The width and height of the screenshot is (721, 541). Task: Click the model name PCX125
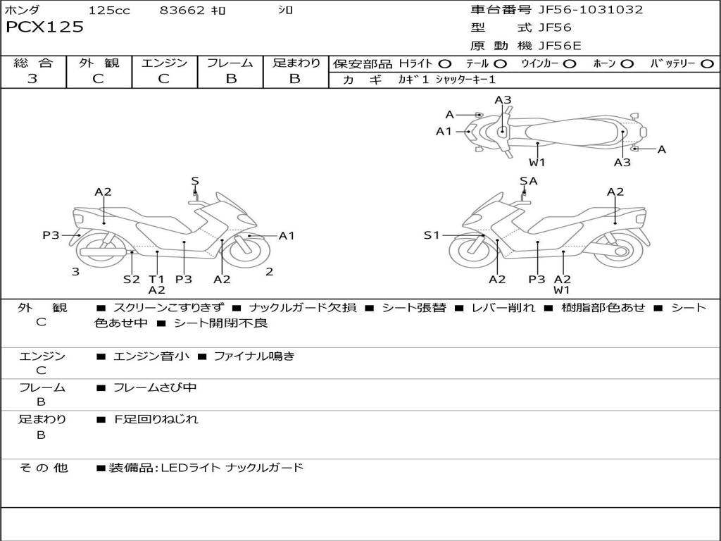(x=44, y=27)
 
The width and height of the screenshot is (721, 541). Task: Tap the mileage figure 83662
(x=182, y=11)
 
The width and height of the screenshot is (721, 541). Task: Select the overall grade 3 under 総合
(x=32, y=79)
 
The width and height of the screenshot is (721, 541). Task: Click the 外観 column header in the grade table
(x=99, y=63)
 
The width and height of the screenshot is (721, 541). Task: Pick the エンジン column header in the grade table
(x=164, y=63)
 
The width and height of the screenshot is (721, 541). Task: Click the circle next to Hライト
(x=445, y=64)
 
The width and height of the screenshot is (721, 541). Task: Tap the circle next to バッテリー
(x=707, y=64)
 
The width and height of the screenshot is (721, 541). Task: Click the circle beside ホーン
(x=627, y=64)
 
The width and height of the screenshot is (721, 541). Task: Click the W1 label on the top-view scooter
(x=537, y=162)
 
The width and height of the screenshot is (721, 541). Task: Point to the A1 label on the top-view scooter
(x=444, y=131)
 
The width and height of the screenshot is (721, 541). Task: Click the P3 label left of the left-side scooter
(x=51, y=235)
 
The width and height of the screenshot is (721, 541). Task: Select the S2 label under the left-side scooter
(x=132, y=279)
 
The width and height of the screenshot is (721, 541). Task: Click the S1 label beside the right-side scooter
(x=432, y=235)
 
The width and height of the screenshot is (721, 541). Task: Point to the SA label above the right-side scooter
(x=528, y=181)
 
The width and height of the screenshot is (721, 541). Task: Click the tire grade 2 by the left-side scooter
(x=269, y=271)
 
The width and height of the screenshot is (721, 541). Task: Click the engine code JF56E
(x=560, y=46)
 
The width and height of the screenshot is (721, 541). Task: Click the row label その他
(x=44, y=468)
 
